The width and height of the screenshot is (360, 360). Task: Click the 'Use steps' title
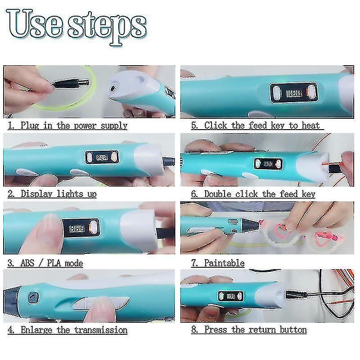pos(76,27)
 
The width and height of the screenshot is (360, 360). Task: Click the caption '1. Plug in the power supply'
pos(67,126)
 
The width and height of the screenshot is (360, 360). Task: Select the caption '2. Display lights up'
pos(52,194)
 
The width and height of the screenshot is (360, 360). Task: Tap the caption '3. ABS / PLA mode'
pos(45,263)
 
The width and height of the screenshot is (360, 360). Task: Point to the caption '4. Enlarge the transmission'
pos(67,330)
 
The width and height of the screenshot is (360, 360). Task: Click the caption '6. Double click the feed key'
pos(253,194)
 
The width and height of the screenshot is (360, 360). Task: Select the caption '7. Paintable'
pos(218,263)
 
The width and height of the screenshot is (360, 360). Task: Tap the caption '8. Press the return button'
pos(249,330)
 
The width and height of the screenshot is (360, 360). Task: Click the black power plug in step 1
pos(71,83)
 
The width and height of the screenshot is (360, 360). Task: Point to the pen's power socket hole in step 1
pos(113,88)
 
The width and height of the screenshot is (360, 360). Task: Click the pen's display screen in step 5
pos(294,93)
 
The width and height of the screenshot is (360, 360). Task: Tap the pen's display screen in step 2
pos(102,157)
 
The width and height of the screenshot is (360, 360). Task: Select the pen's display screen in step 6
pos(268,164)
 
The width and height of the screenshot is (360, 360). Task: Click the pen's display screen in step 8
pos(230,297)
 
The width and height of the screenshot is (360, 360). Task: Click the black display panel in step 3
pos(81,229)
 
